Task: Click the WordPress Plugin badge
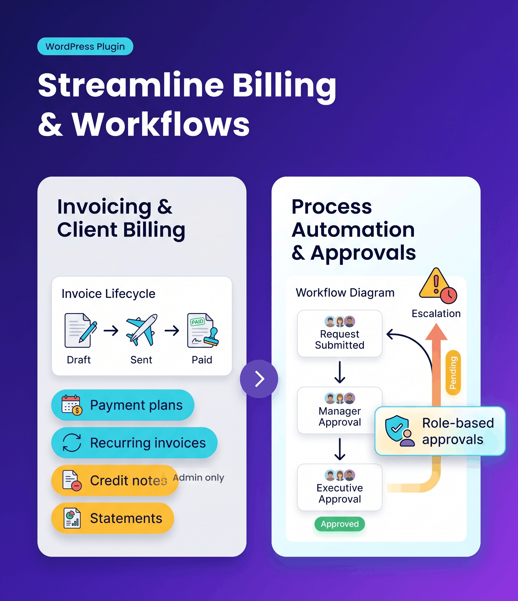(85, 47)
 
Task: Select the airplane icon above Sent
(142, 330)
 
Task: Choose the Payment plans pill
(123, 405)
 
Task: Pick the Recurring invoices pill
(134, 443)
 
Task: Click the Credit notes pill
(115, 480)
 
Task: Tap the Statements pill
(113, 518)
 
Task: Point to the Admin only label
(199, 477)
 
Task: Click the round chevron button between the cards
(259, 379)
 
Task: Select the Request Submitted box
(340, 333)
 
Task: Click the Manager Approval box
(340, 410)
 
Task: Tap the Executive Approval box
(340, 487)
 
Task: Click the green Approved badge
(340, 524)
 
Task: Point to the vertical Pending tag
(453, 373)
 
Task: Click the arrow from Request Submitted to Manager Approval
(340, 372)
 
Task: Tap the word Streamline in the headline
(131, 85)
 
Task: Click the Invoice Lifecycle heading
(108, 294)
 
